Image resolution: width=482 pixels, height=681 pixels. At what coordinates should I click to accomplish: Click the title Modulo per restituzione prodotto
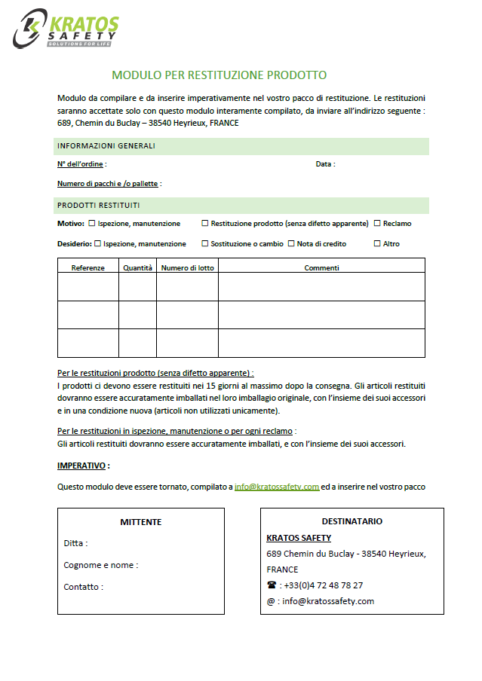pyautogui.click(x=219, y=75)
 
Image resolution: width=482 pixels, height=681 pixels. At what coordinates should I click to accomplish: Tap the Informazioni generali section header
pyautogui.click(x=106, y=145)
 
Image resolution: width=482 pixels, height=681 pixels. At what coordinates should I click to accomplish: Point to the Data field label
pyautogui.click(x=325, y=164)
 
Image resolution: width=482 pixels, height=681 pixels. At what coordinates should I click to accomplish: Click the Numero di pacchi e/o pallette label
pyautogui.click(x=109, y=184)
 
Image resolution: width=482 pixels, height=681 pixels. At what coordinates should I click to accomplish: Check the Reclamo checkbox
pyautogui.click(x=377, y=223)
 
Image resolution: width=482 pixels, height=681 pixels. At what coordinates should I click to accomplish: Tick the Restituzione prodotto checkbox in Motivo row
pyautogui.click(x=205, y=223)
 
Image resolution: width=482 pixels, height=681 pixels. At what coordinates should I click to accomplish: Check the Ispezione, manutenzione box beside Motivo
pyautogui.click(x=92, y=223)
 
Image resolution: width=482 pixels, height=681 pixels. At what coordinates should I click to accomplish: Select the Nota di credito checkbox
pyautogui.click(x=291, y=243)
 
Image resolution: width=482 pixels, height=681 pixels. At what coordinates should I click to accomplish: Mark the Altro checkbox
pyautogui.click(x=377, y=243)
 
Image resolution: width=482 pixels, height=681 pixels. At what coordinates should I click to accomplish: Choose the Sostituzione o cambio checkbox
pyautogui.click(x=205, y=243)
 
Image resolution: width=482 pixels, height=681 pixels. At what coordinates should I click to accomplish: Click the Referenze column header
pyautogui.click(x=88, y=267)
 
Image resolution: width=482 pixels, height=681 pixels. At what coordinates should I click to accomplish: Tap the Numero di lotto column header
pyautogui.click(x=187, y=267)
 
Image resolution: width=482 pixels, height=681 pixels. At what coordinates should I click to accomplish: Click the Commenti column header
pyautogui.click(x=321, y=267)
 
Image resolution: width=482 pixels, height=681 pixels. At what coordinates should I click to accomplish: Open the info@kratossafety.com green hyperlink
pyautogui.click(x=277, y=487)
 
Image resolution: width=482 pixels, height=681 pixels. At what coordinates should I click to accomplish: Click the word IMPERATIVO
pyautogui.click(x=82, y=466)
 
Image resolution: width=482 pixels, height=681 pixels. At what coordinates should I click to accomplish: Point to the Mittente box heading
pyautogui.click(x=141, y=522)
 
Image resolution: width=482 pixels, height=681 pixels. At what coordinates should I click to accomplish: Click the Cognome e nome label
pyautogui.click(x=101, y=565)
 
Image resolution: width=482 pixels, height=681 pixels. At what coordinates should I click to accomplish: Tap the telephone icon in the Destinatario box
pyautogui.click(x=272, y=585)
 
